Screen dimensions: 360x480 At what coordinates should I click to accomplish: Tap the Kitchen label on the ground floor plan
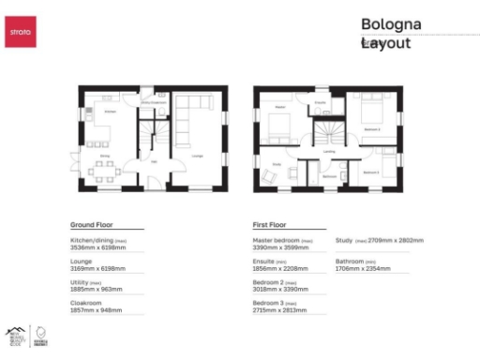[x=109, y=112]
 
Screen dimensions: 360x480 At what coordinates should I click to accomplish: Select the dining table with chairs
[x=103, y=169]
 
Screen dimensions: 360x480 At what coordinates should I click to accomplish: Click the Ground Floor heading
[x=91, y=226]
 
